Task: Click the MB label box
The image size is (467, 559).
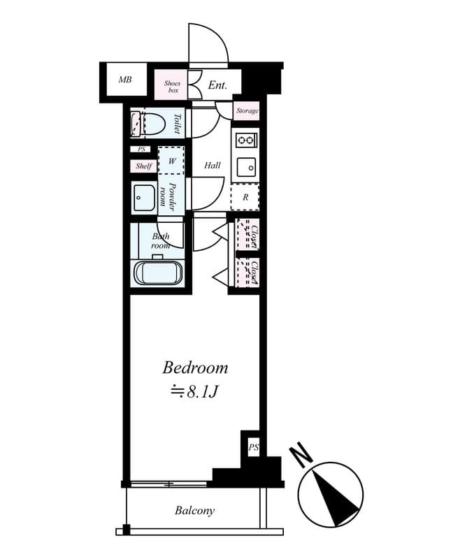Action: [124, 80]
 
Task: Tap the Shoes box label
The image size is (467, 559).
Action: [172, 87]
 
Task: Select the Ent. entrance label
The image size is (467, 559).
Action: [218, 86]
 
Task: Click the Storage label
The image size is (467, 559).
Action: [247, 111]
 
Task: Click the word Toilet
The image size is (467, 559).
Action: [177, 124]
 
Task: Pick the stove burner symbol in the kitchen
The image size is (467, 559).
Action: [245, 140]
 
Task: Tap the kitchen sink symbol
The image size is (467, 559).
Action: [245, 167]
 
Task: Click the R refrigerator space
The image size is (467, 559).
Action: [245, 197]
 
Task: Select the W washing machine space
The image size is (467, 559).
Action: [171, 161]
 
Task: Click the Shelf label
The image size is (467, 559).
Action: [144, 166]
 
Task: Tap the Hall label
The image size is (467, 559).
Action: [213, 166]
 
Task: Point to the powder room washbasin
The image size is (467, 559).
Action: [144, 198]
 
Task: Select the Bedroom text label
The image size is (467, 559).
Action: [195, 368]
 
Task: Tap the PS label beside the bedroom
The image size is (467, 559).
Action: [252, 447]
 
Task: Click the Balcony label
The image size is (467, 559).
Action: [194, 511]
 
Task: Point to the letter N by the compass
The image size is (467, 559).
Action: [303, 455]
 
